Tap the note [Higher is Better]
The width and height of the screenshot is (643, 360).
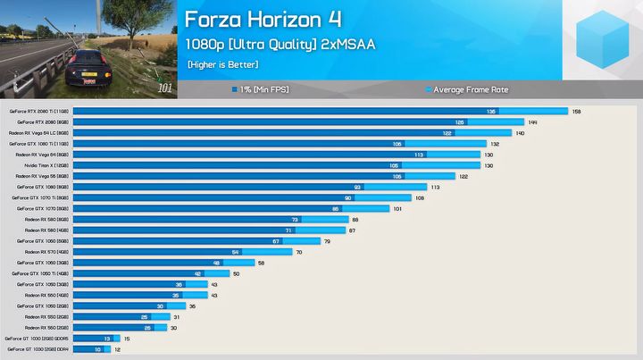pyautogui.click(x=222, y=64)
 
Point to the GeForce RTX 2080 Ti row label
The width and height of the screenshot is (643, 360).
pyautogui.click(x=38, y=112)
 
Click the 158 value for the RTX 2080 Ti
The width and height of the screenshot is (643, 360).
pyautogui.click(x=576, y=112)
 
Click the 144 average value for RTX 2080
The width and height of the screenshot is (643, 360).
pyautogui.click(x=532, y=122)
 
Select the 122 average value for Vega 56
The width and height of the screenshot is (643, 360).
pyautogui.click(x=463, y=176)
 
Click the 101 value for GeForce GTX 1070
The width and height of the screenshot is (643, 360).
pyautogui.click(x=398, y=208)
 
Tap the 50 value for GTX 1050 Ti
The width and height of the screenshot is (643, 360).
pyautogui.click(x=236, y=273)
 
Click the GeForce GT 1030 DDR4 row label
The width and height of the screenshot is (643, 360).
pyautogui.click(x=37, y=349)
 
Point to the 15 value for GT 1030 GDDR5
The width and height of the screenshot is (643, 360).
pyautogui.click(x=127, y=339)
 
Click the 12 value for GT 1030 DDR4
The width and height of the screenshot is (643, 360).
pyautogui.click(x=117, y=349)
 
